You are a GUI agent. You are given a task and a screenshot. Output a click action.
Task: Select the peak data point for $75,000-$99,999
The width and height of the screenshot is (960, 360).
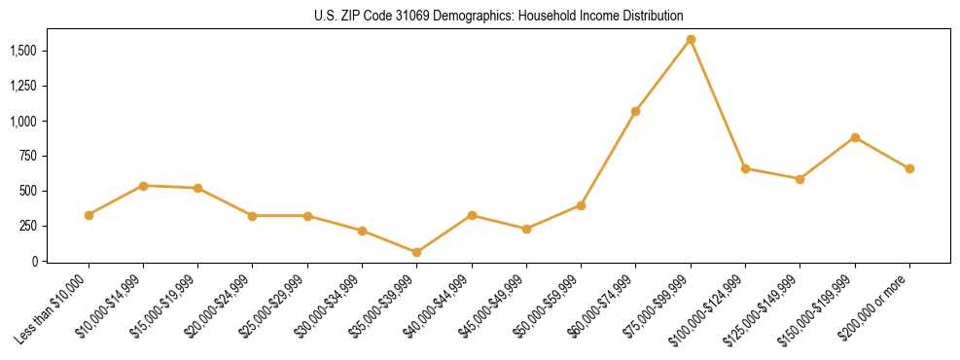(x=691, y=40)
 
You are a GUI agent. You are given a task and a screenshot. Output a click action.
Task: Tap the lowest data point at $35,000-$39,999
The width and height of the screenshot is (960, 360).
(x=417, y=252)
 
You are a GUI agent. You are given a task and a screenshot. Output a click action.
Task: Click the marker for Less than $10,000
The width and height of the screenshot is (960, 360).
(x=89, y=215)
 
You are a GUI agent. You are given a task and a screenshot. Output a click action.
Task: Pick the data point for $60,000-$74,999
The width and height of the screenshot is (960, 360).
(x=635, y=111)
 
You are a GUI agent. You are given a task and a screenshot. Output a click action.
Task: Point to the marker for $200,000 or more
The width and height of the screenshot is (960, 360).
(x=909, y=168)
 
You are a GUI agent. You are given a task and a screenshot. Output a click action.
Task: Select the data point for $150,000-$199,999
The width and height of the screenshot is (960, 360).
(x=855, y=137)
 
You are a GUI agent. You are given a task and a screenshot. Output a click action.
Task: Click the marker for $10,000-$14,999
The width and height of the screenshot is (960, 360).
(x=143, y=186)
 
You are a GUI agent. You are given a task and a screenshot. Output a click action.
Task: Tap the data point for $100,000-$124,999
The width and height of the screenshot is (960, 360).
(x=745, y=168)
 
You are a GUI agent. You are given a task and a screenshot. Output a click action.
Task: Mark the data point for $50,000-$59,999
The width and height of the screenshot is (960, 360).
(x=581, y=205)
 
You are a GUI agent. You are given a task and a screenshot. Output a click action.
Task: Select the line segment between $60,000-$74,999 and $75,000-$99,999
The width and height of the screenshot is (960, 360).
(x=663, y=75)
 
